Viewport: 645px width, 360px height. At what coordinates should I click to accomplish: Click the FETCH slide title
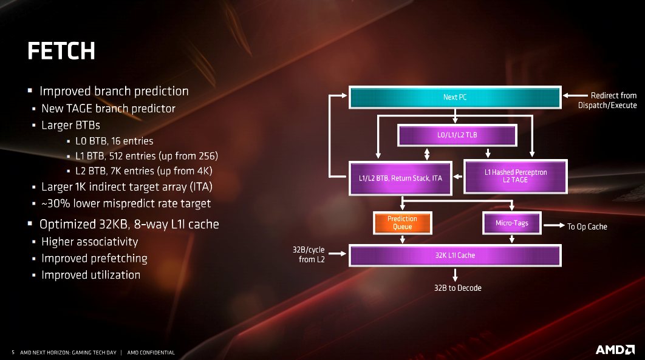(x=61, y=50)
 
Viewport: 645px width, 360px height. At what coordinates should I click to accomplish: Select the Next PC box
(x=455, y=97)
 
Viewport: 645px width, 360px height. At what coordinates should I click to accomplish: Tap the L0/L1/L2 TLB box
(x=457, y=135)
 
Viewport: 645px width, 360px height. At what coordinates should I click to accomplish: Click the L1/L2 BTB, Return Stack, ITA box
(x=400, y=178)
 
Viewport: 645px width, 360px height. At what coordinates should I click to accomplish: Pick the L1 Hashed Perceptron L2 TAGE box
(x=516, y=176)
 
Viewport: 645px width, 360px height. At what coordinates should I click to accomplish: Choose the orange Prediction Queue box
(x=402, y=223)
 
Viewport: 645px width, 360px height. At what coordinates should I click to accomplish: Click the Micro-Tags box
(x=512, y=223)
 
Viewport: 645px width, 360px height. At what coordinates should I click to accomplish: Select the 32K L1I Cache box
(x=455, y=255)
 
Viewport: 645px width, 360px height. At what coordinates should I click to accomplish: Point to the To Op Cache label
(x=587, y=226)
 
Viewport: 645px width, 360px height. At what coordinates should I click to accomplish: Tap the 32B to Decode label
(x=458, y=288)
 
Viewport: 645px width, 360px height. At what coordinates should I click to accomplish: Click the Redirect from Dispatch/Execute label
(x=607, y=100)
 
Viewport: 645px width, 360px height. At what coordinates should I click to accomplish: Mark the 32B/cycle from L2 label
(x=309, y=254)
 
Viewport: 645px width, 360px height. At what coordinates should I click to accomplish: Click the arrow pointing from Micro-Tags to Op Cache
(x=554, y=225)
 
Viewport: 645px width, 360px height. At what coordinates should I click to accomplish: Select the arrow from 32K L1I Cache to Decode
(x=455, y=275)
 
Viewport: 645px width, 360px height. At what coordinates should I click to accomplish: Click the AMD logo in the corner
(x=615, y=350)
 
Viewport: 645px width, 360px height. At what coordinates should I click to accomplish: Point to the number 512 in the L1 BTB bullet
(x=116, y=156)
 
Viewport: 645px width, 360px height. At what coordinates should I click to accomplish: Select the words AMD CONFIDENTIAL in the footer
(x=151, y=353)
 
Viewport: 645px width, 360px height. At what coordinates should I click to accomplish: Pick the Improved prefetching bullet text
(x=94, y=259)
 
